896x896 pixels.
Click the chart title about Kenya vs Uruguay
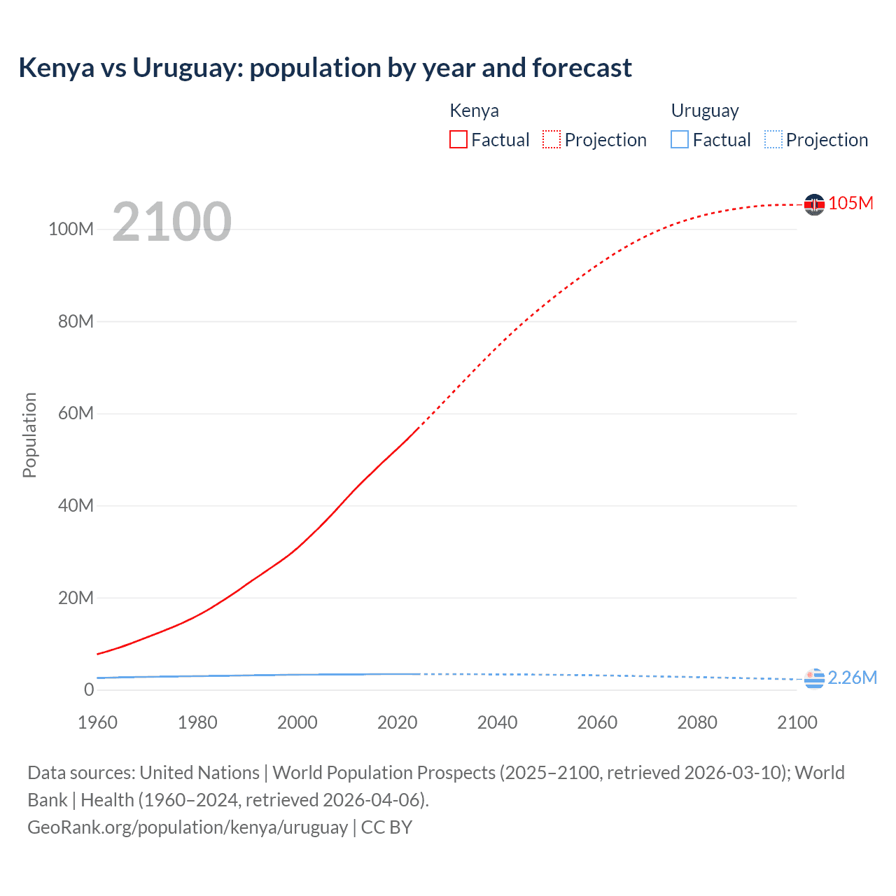[325, 68]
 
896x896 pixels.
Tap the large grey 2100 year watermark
[171, 222]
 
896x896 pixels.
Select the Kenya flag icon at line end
[814, 204]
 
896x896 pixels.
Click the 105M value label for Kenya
[850, 203]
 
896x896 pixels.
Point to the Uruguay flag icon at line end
[814, 678]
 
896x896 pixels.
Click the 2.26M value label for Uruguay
[852, 678]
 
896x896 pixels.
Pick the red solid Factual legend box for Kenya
[458, 139]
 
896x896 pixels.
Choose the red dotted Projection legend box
[552, 139]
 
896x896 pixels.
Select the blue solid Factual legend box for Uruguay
[680, 139]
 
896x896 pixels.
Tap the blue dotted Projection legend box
[773, 139]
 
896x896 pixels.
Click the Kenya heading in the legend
[474, 111]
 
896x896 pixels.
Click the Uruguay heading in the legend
[705, 111]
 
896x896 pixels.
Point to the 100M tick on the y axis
[71, 230]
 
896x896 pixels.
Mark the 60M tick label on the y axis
[76, 413]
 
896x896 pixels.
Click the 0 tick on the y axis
[89, 689]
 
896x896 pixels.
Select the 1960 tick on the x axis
[97, 722]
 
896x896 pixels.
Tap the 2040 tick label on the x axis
[497, 722]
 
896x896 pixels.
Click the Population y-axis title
[29, 435]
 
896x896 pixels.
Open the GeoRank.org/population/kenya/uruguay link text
[188, 827]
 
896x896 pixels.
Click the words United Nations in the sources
[199, 773]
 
